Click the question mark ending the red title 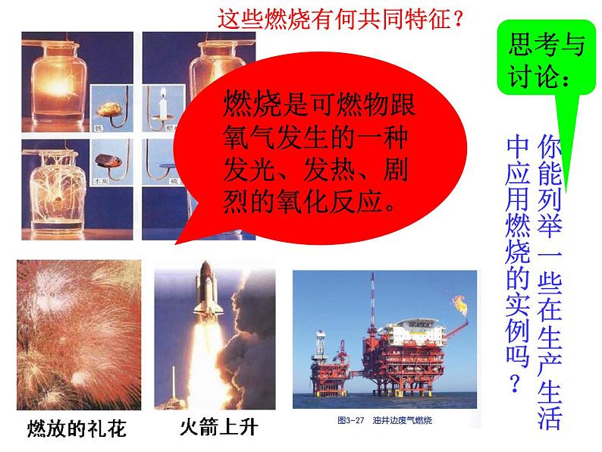coord(457,18)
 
